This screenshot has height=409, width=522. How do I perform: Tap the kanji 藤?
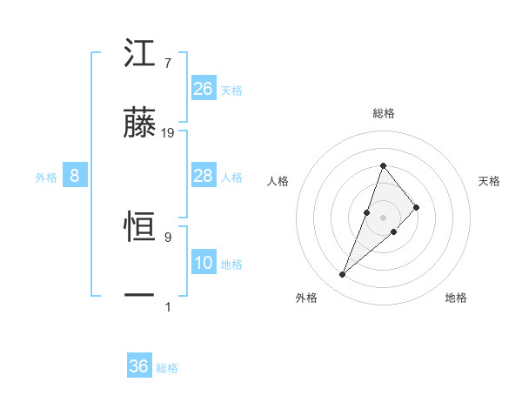140,124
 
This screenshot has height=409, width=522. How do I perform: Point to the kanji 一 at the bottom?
140,296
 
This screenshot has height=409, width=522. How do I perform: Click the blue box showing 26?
204,89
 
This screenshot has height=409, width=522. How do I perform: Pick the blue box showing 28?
204,176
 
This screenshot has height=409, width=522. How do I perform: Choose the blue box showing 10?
204,263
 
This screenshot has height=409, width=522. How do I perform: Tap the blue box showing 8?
75,176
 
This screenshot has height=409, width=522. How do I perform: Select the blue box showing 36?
139,366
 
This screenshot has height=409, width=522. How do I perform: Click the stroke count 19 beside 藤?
168,133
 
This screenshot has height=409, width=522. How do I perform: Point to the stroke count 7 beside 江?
167,64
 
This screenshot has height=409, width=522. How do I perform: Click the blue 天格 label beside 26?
231,90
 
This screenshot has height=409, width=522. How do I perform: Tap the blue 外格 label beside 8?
46,177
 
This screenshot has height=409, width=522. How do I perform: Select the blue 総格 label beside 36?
167,368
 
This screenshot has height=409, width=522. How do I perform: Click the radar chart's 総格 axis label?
383,113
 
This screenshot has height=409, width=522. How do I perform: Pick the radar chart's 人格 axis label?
278,181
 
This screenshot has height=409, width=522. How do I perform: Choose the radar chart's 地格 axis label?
456,298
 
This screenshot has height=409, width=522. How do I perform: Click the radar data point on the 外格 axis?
342,275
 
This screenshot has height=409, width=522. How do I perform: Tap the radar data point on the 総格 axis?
383,165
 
